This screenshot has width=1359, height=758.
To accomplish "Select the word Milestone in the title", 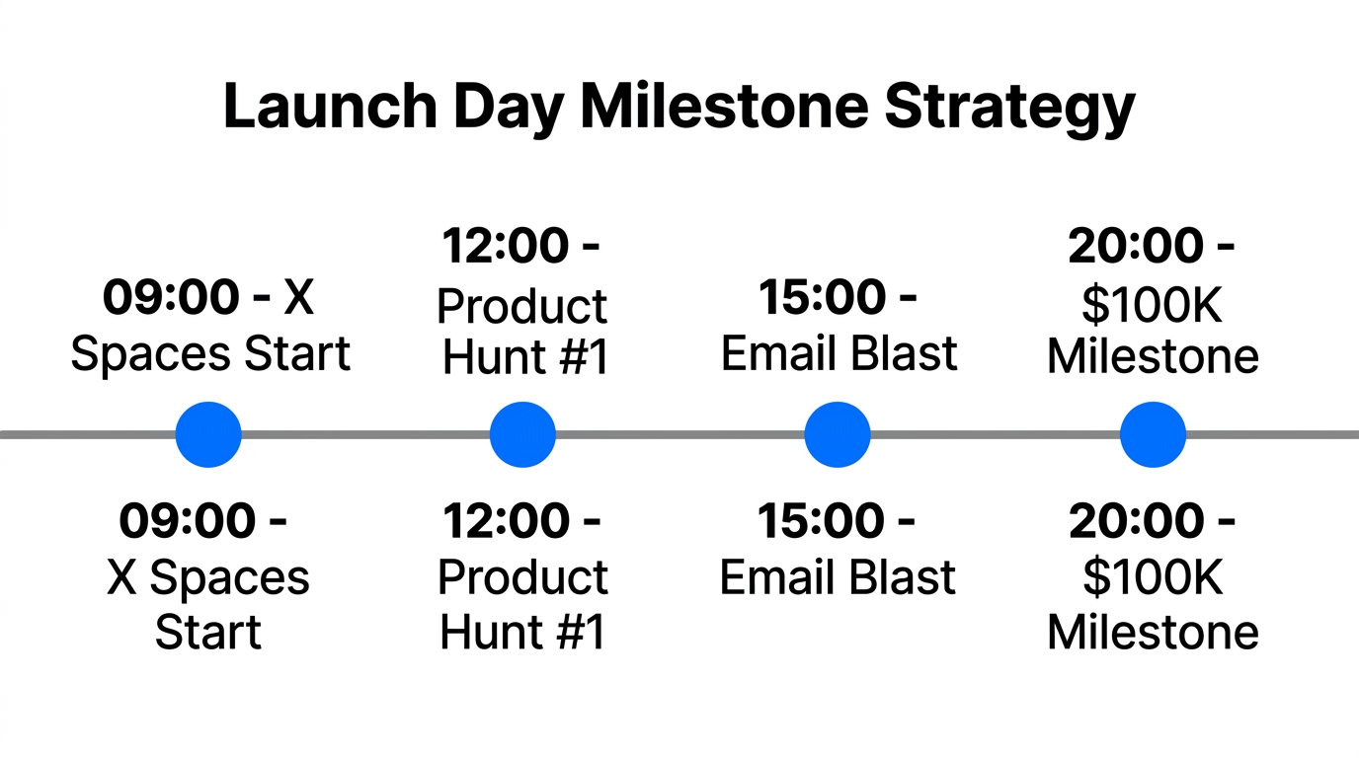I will point(725,106).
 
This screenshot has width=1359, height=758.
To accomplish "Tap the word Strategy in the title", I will point(1008,106).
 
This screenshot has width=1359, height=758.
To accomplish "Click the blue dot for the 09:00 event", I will point(208,434).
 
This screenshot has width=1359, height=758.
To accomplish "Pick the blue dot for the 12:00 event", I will point(522,434).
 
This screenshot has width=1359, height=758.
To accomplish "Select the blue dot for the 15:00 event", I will point(838,434).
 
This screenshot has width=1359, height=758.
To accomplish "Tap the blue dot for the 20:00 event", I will point(1153,434).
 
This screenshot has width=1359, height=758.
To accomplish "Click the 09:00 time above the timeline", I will point(171,297).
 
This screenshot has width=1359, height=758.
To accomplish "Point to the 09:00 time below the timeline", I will point(188,521).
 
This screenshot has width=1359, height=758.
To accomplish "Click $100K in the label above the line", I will point(1153,306).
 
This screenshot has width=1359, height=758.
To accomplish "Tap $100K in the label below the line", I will point(1153,578).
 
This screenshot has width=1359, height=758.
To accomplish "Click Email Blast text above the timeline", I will point(839,353).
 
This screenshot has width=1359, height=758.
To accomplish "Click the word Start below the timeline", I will point(208,633).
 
